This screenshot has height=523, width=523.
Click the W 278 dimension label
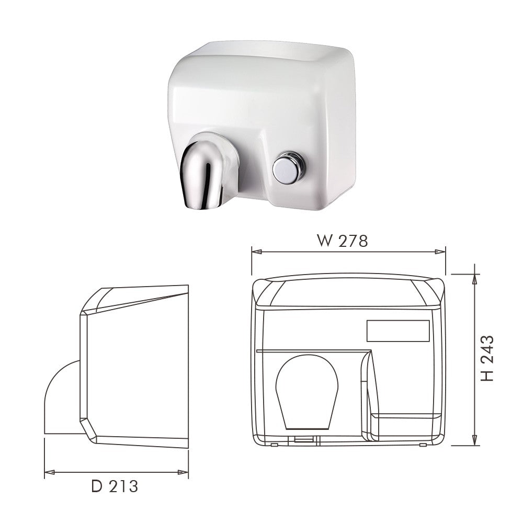[343, 241]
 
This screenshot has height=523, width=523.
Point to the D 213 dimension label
[115, 486]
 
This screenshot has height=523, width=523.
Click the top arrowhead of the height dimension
[474, 277]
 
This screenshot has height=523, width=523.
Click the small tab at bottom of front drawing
[302, 440]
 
